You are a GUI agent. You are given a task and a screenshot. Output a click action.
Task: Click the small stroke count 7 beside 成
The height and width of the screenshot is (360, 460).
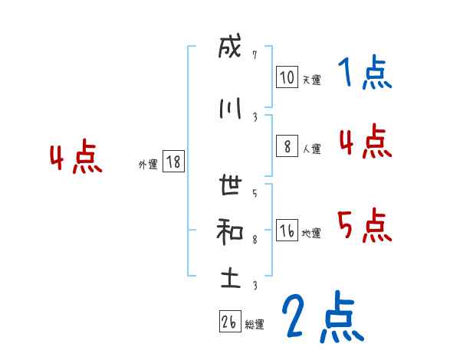pyautogui.click(x=255, y=55)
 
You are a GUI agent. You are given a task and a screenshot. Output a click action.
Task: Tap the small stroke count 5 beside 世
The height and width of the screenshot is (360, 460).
pyautogui.click(x=255, y=192)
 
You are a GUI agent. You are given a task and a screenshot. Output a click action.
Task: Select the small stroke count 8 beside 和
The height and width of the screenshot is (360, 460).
pyautogui.click(x=255, y=239)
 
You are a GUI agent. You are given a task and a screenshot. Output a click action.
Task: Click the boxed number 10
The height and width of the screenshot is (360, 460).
pyautogui.click(x=287, y=77)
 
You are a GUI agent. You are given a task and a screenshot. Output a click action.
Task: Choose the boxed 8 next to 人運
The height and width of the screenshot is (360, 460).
pyautogui.click(x=287, y=147)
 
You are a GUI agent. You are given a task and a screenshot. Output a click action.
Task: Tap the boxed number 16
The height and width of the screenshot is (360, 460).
pyautogui.click(x=287, y=231)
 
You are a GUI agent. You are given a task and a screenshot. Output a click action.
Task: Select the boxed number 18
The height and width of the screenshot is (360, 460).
pyautogui.click(x=173, y=162)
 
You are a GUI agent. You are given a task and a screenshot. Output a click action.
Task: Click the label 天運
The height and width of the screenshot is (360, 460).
pyautogui.click(x=311, y=80)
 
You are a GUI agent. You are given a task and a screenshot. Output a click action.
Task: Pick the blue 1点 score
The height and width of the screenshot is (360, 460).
pyautogui.click(x=365, y=74)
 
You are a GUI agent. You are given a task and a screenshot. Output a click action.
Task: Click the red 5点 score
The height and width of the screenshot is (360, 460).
pyautogui.click(x=365, y=225)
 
